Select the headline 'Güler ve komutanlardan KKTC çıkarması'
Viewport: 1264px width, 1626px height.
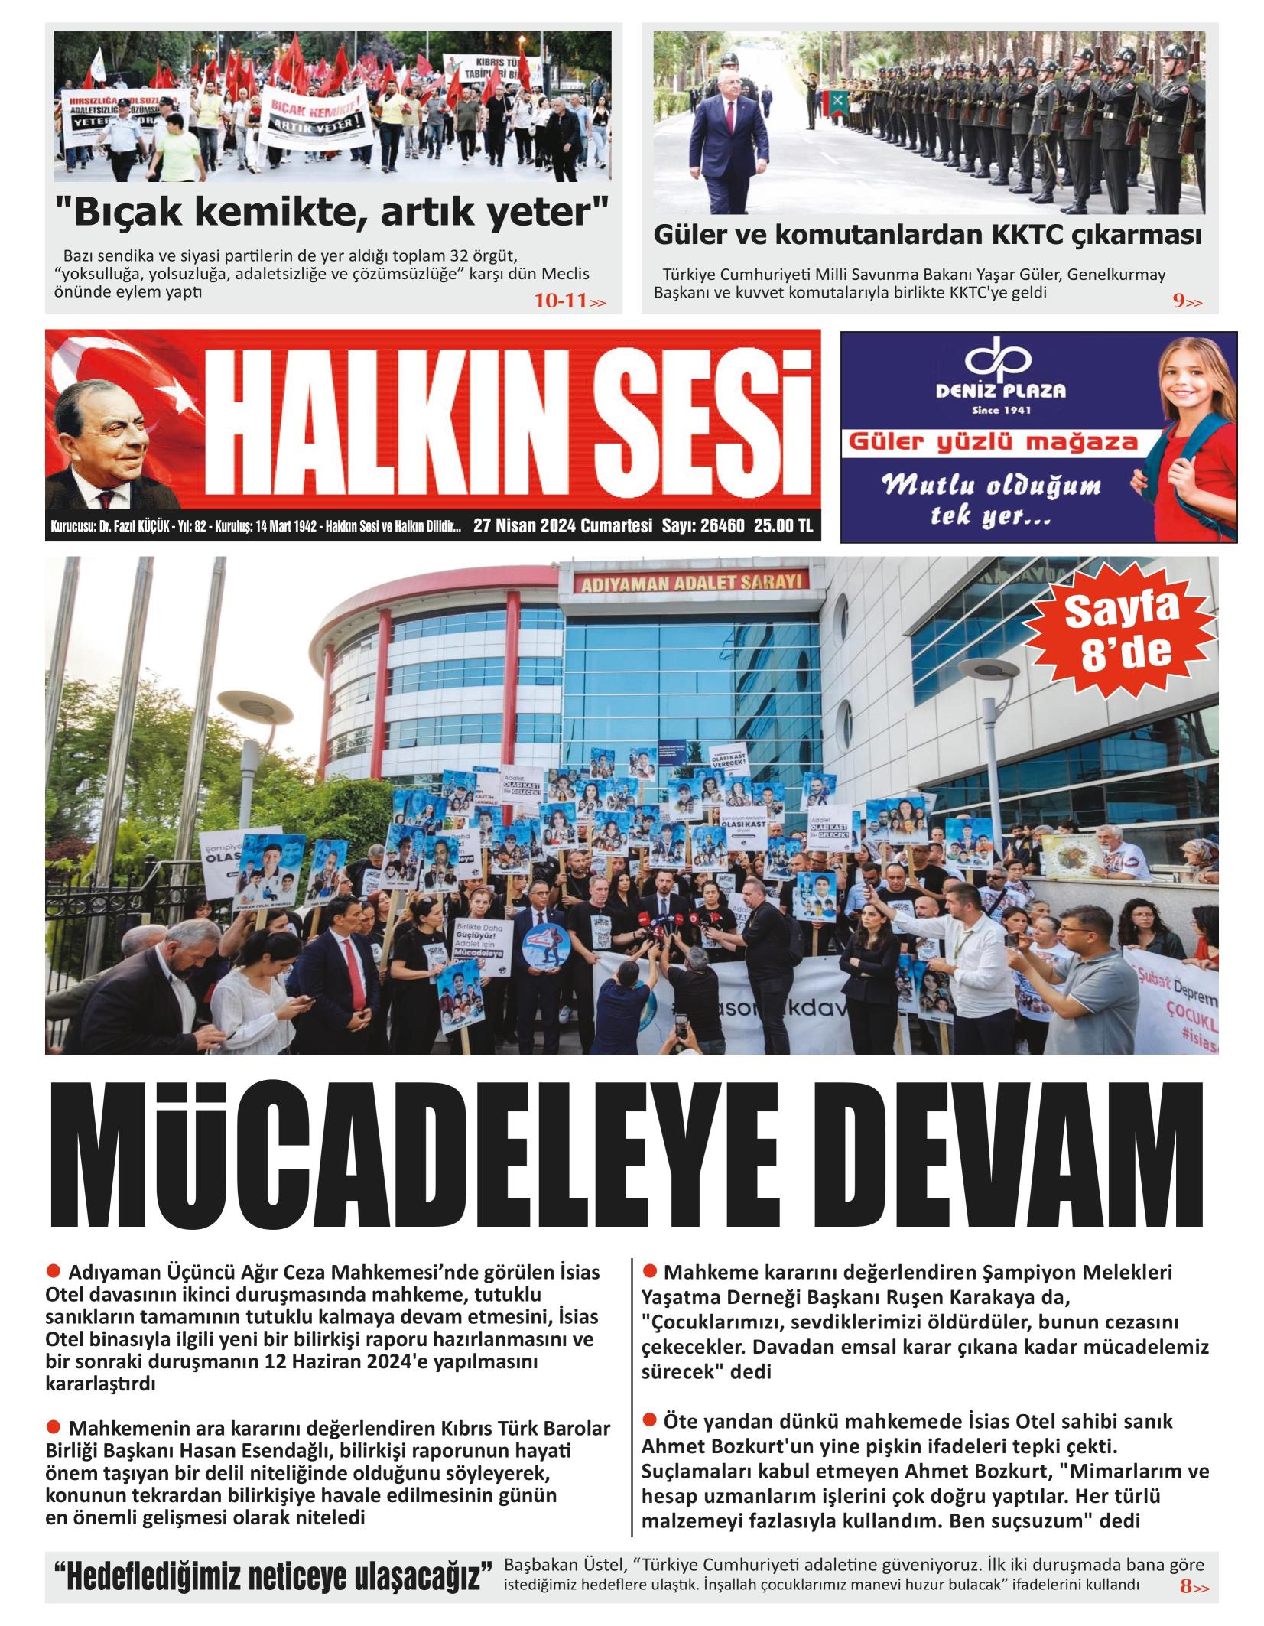pos(928,235)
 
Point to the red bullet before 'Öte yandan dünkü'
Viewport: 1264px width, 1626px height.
pos(649,1420)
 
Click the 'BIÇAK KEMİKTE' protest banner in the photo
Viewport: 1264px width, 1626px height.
pos(314,115)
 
